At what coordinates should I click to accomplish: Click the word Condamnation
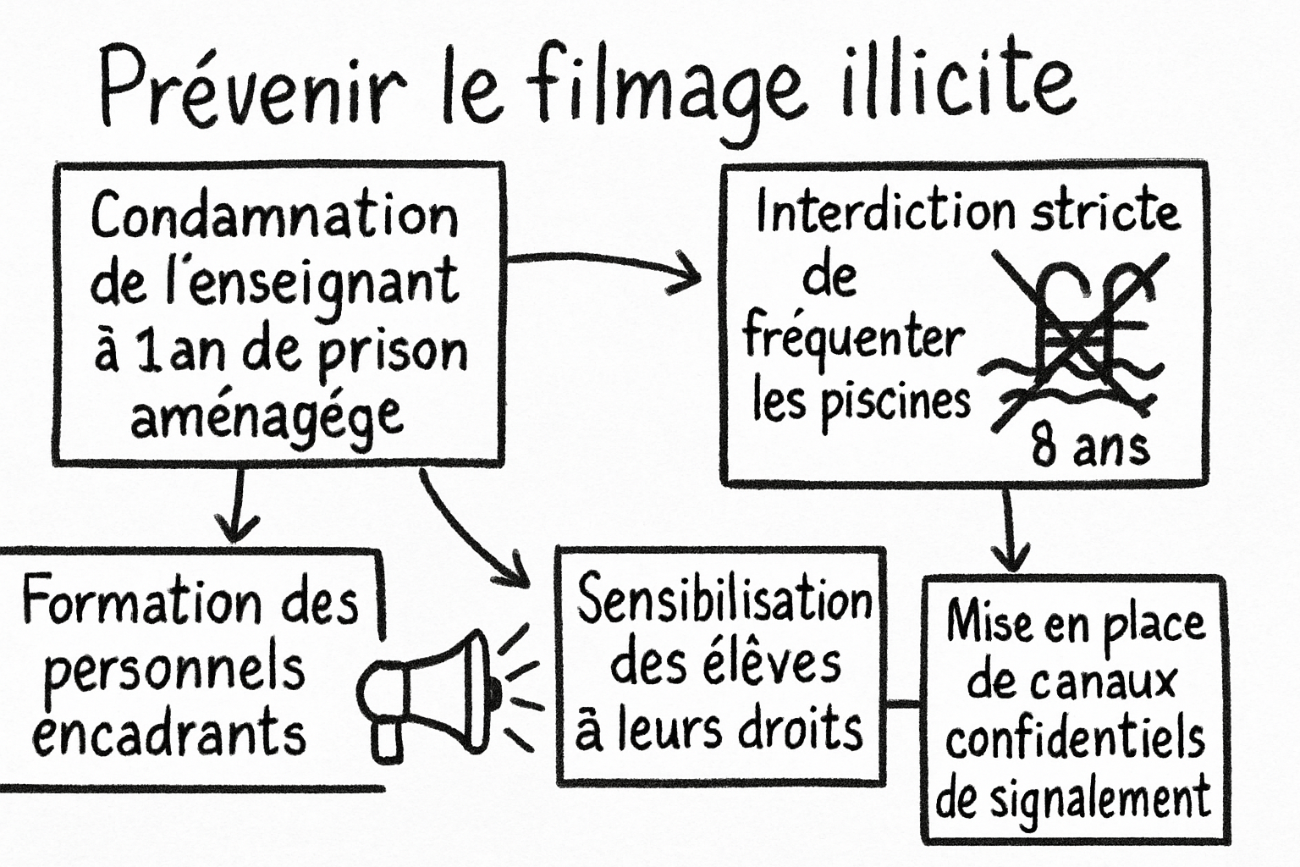coord(274,216)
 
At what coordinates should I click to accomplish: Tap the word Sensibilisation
coord(724,600)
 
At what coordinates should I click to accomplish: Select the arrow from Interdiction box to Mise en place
coord(1009,529)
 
